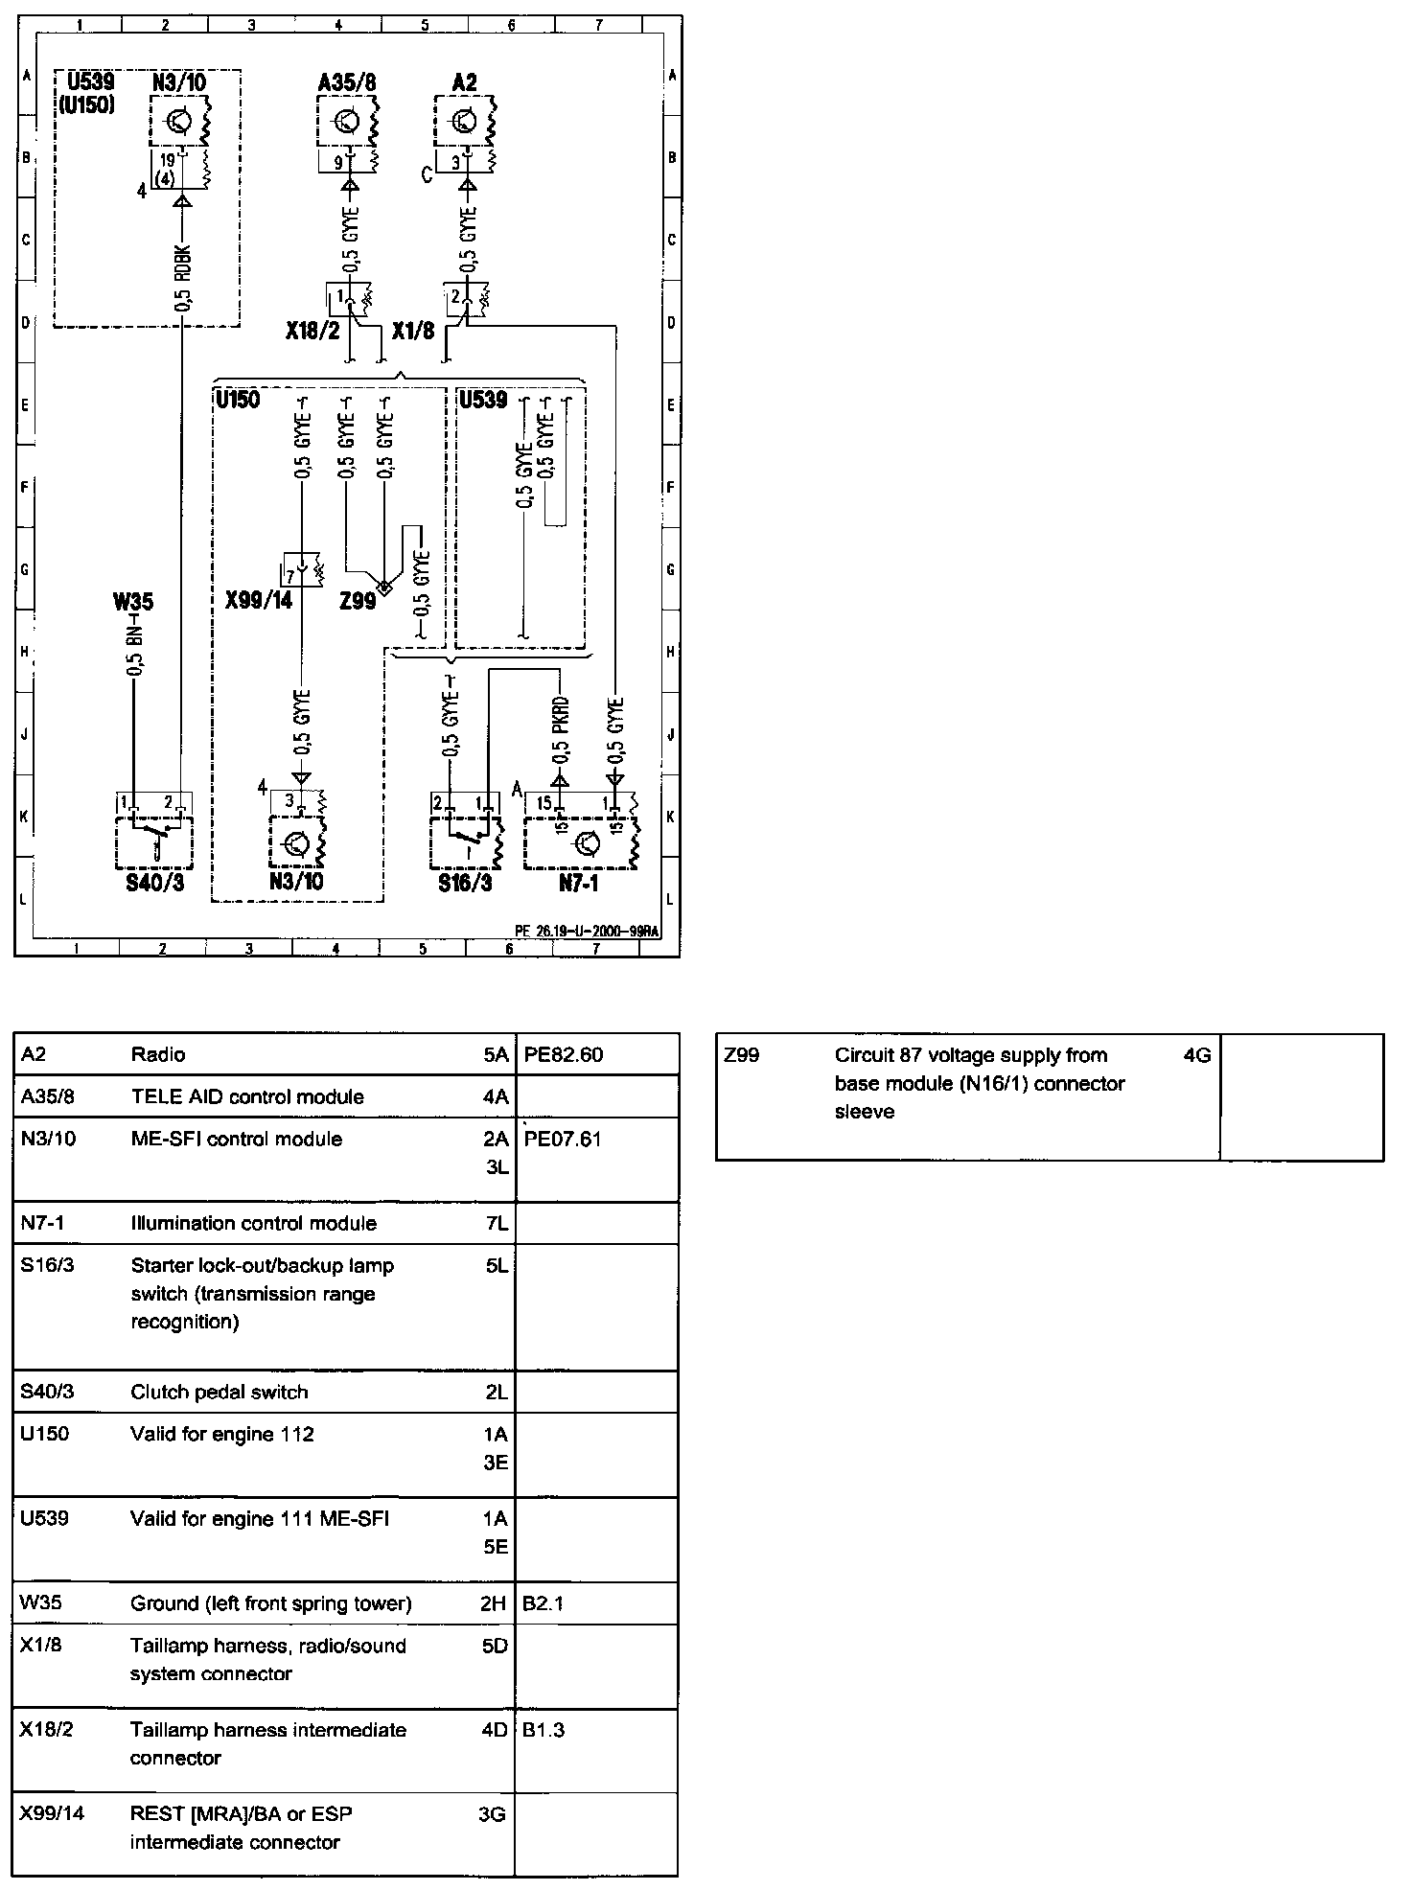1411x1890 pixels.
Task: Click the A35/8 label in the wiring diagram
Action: pos(347,83)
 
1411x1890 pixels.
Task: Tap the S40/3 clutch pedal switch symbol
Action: pos(154,841)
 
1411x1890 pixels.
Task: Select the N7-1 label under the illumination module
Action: pos(579,883)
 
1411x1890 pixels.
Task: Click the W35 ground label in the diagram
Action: pos(132,602)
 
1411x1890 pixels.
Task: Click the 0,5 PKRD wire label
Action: pos(561,727)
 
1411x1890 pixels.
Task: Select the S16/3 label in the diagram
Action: pos(465,883)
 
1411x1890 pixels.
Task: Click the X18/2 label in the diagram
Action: pos(312,332)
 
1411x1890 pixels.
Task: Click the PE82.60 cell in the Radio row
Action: pos(563,1055)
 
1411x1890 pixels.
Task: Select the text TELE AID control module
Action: pos(247,1097)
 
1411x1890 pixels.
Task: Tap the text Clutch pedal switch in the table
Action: pos(220,1392)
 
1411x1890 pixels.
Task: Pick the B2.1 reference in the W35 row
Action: pos(544,1603)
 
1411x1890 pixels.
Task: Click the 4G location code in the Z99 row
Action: pos(1197,1056)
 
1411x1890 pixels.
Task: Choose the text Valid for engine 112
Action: pos(222,1435)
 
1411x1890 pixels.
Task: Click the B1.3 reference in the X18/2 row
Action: pos(544,1731)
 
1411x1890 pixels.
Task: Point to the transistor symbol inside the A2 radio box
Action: pos(464,122)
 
